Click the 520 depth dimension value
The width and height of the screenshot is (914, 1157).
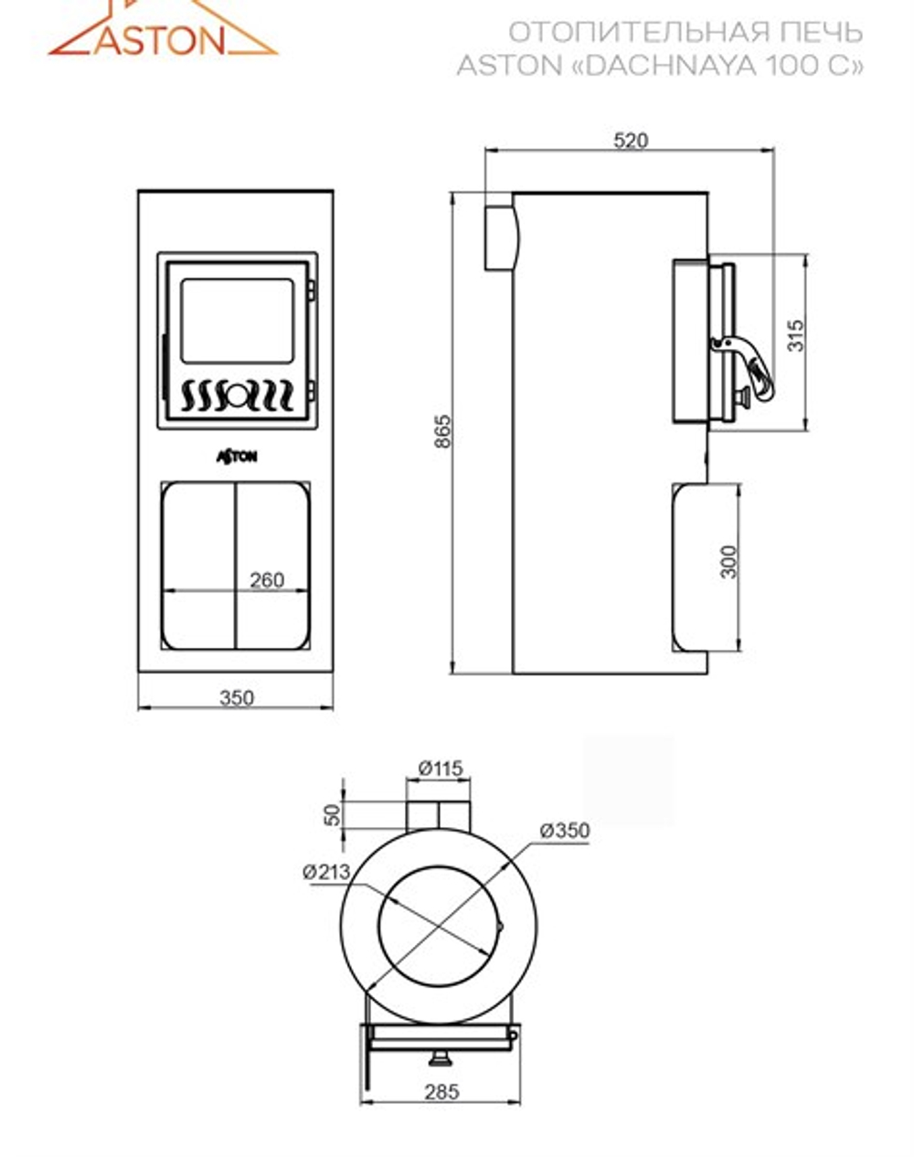click(631, 141)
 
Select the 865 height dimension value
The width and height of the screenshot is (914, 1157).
click(443, 430)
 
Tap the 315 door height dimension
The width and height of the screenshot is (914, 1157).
click(796, 335)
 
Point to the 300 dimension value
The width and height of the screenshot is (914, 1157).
click(729, 562)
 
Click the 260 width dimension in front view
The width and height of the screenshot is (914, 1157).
click(267, 580)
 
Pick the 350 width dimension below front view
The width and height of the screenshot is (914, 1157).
click(237, 698)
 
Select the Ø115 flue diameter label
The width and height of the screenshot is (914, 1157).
click(441, 769)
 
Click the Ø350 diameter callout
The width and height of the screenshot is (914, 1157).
click(565, 830)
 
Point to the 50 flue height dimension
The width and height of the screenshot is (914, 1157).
click(334, 815)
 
